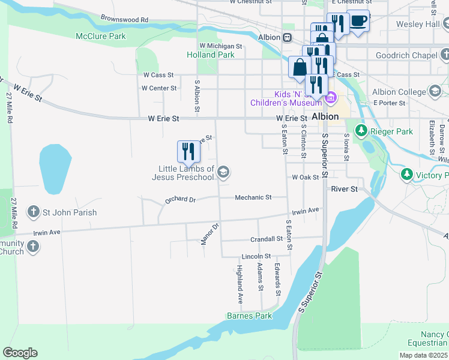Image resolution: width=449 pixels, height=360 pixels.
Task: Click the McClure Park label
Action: (x=101, y=36)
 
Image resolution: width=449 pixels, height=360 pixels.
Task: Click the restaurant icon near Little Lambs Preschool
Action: (x=188, y=152)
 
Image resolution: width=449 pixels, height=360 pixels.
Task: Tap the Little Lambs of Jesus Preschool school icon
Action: (x=223, y=173)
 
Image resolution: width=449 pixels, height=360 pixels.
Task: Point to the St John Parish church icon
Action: (x=33, y=212)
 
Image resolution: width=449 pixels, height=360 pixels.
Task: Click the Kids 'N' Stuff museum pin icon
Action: (x=330, y=97)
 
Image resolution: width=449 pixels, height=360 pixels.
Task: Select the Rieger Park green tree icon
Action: (x=361, y=130)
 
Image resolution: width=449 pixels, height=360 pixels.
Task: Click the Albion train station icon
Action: (x=288, y=37)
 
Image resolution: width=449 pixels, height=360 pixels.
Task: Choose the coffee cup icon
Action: (x=358, y=20)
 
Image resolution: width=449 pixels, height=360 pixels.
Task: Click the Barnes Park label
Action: (x=249, y=316)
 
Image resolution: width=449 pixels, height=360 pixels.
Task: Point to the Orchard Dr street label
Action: (x=181, y=200)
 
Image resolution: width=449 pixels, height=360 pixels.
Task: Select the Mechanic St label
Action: (x=253, y=197)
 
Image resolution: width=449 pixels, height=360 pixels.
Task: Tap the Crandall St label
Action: (x=267, y=238)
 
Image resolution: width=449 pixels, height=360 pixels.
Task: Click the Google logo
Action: (x=20, y=353)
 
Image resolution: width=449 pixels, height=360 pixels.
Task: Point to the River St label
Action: (x=344, y=188)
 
